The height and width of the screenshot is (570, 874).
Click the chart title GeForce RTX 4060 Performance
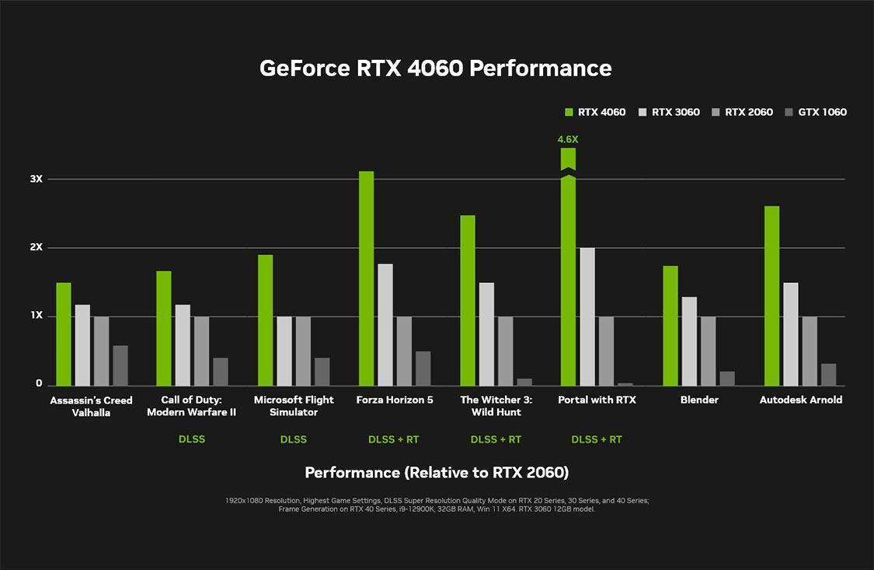tap(436, 68)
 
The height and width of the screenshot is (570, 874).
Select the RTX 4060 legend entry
tap(595, 112)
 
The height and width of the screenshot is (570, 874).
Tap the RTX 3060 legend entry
tap(669, 112)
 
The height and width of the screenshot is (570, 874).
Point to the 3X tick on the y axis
tap(36, 179)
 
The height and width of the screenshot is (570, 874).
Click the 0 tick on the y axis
tap(39, 384)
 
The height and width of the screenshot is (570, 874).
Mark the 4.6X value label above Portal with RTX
tap(568, 140)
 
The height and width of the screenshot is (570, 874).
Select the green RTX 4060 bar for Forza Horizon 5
tap(366, 278)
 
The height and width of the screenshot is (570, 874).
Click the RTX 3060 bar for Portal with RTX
tap(587, 316)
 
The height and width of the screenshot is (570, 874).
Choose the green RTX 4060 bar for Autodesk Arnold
tap(771, 295)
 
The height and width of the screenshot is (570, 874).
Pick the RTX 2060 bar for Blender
tap(709, 351)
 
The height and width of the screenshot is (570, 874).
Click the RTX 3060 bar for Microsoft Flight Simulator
tap(284, 351)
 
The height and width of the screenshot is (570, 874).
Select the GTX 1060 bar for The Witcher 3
tap(524, 382)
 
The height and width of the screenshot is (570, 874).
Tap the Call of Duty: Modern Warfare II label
tap(191, 406)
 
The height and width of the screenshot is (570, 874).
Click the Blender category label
tap(699, 400)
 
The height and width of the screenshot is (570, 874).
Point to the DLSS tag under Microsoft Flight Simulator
tap(293, 439)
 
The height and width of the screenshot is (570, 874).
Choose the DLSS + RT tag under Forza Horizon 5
tap(393, 439)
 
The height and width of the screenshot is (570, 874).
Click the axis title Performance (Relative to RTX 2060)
tap(437, 473)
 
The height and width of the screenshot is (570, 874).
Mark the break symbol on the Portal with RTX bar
tap(568, 173)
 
